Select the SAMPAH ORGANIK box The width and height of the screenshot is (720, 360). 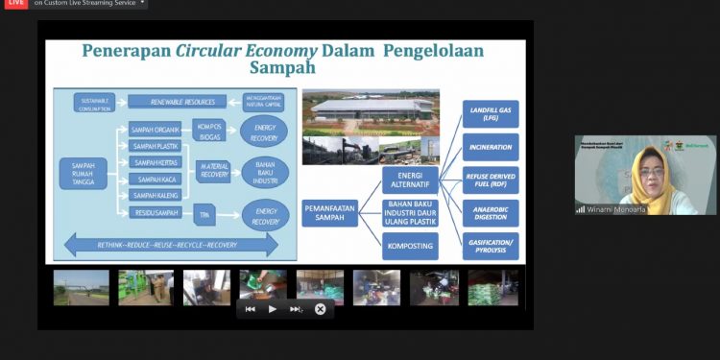[x=154, y=130]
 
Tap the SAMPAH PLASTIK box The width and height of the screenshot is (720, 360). [x=154, y=146]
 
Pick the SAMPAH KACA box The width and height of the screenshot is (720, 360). [x=154, y=180]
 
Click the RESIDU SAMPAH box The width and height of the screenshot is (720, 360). [x=154, y=213]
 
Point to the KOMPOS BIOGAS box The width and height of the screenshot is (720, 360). [x=209, y=131]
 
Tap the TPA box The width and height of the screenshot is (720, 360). [x=204, y=213]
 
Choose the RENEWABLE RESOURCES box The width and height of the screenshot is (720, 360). [x=176, y=101]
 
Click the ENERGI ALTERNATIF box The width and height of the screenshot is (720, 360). [x=410, y=180]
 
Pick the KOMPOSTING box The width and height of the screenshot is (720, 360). [x=410, y=247]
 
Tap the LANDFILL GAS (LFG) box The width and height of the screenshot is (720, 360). [x=491, y=114]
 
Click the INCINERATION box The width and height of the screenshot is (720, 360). [x=491, y=147]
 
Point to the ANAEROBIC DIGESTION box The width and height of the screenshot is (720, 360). [x=491, y=212]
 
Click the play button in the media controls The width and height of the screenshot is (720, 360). [x=273, y=309]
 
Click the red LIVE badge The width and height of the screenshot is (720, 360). [x=14, y=3]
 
